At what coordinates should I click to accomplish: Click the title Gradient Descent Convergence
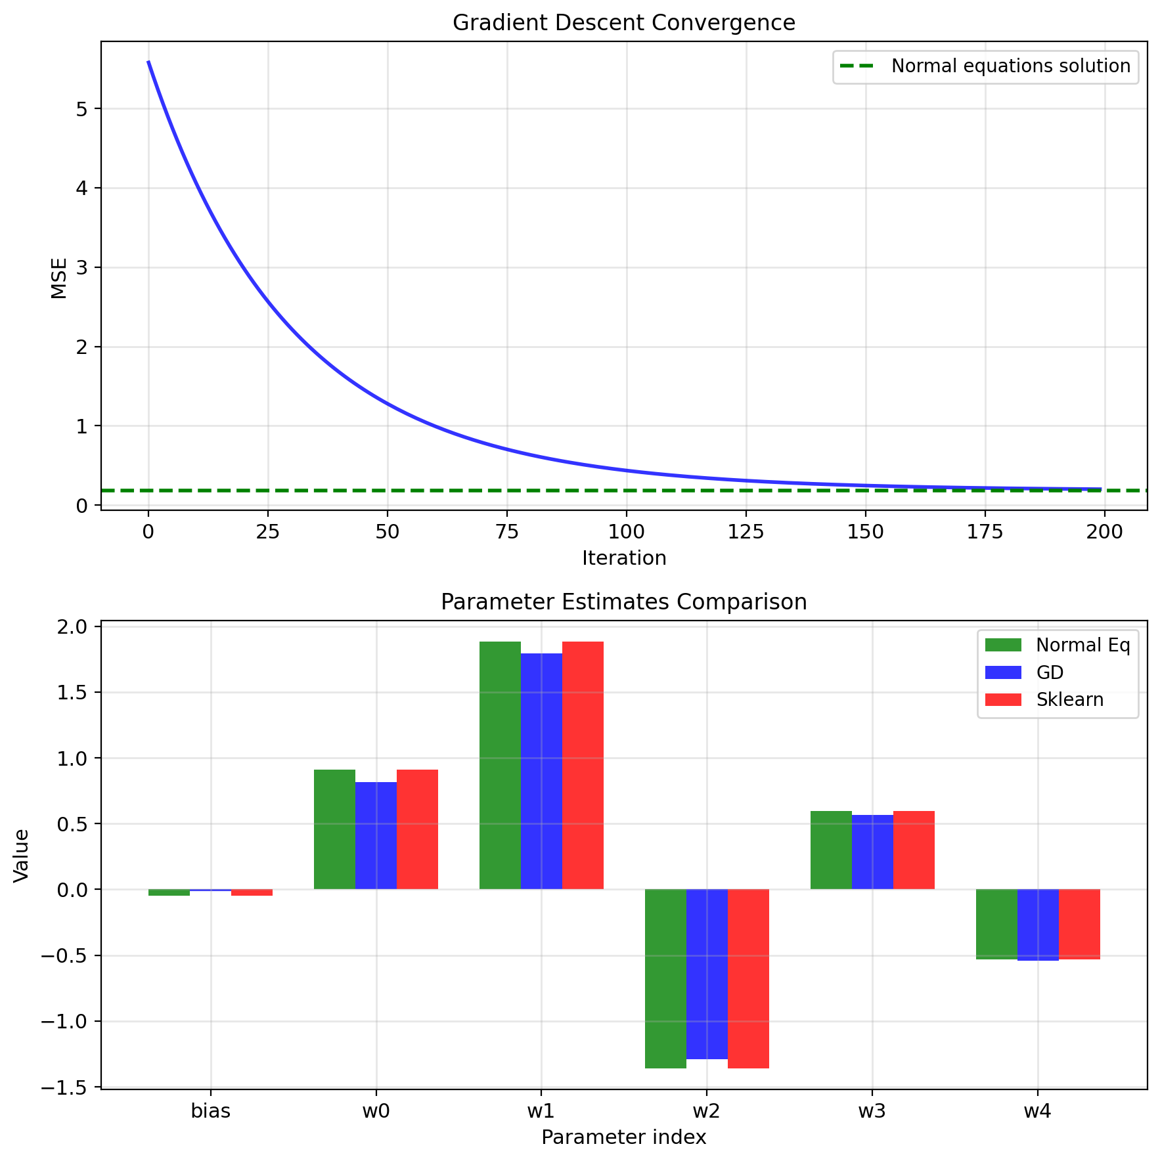click(x=623, y=23)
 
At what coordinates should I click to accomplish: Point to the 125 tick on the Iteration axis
click(x=746, y=533)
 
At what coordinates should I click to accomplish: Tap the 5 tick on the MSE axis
click(x=82, y=109)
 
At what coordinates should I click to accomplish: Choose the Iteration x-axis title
click(x=623, y=558)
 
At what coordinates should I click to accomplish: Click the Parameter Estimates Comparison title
click(x=623, y=602)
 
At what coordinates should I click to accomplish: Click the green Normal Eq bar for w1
click(x=500, y=765)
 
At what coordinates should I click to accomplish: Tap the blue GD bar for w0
click(x=376, y=835)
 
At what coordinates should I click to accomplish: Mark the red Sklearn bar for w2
click(x=748, y=978)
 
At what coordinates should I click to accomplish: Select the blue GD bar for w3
click(x=872, y=852)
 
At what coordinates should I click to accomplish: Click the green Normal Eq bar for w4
click(x=996, y=924)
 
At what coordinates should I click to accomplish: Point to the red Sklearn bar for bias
click(x=252, y=892)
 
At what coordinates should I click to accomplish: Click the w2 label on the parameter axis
click(x=707, y=1112)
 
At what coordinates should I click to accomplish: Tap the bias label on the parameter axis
click(x=210, y=1112)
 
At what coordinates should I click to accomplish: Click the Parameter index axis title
click(x=623, y=1137)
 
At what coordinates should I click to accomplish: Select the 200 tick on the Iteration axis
click(x=1104, y=533)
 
